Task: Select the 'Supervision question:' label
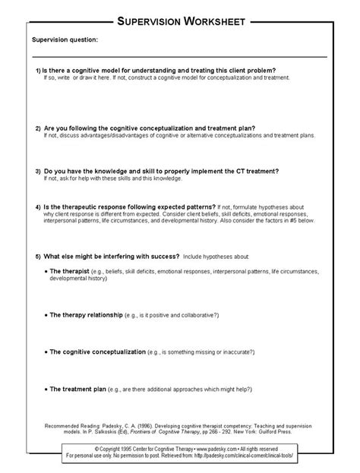(65, 39)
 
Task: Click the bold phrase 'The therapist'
(70, 271)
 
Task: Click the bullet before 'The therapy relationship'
(45, 313)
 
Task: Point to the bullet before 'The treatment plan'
(45, 389)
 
